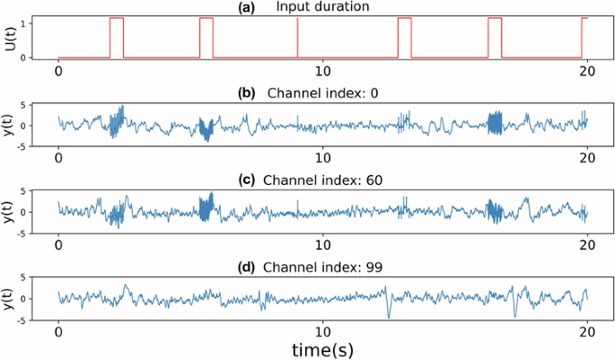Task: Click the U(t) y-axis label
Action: point(10,38)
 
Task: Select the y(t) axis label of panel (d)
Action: point(10,298)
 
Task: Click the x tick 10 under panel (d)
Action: point(322,329)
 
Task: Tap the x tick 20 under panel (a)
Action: point(586,70)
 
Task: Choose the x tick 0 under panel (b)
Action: point(58,156)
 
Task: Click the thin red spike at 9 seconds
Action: point(297,38)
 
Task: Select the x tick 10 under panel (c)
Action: point(322,242)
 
